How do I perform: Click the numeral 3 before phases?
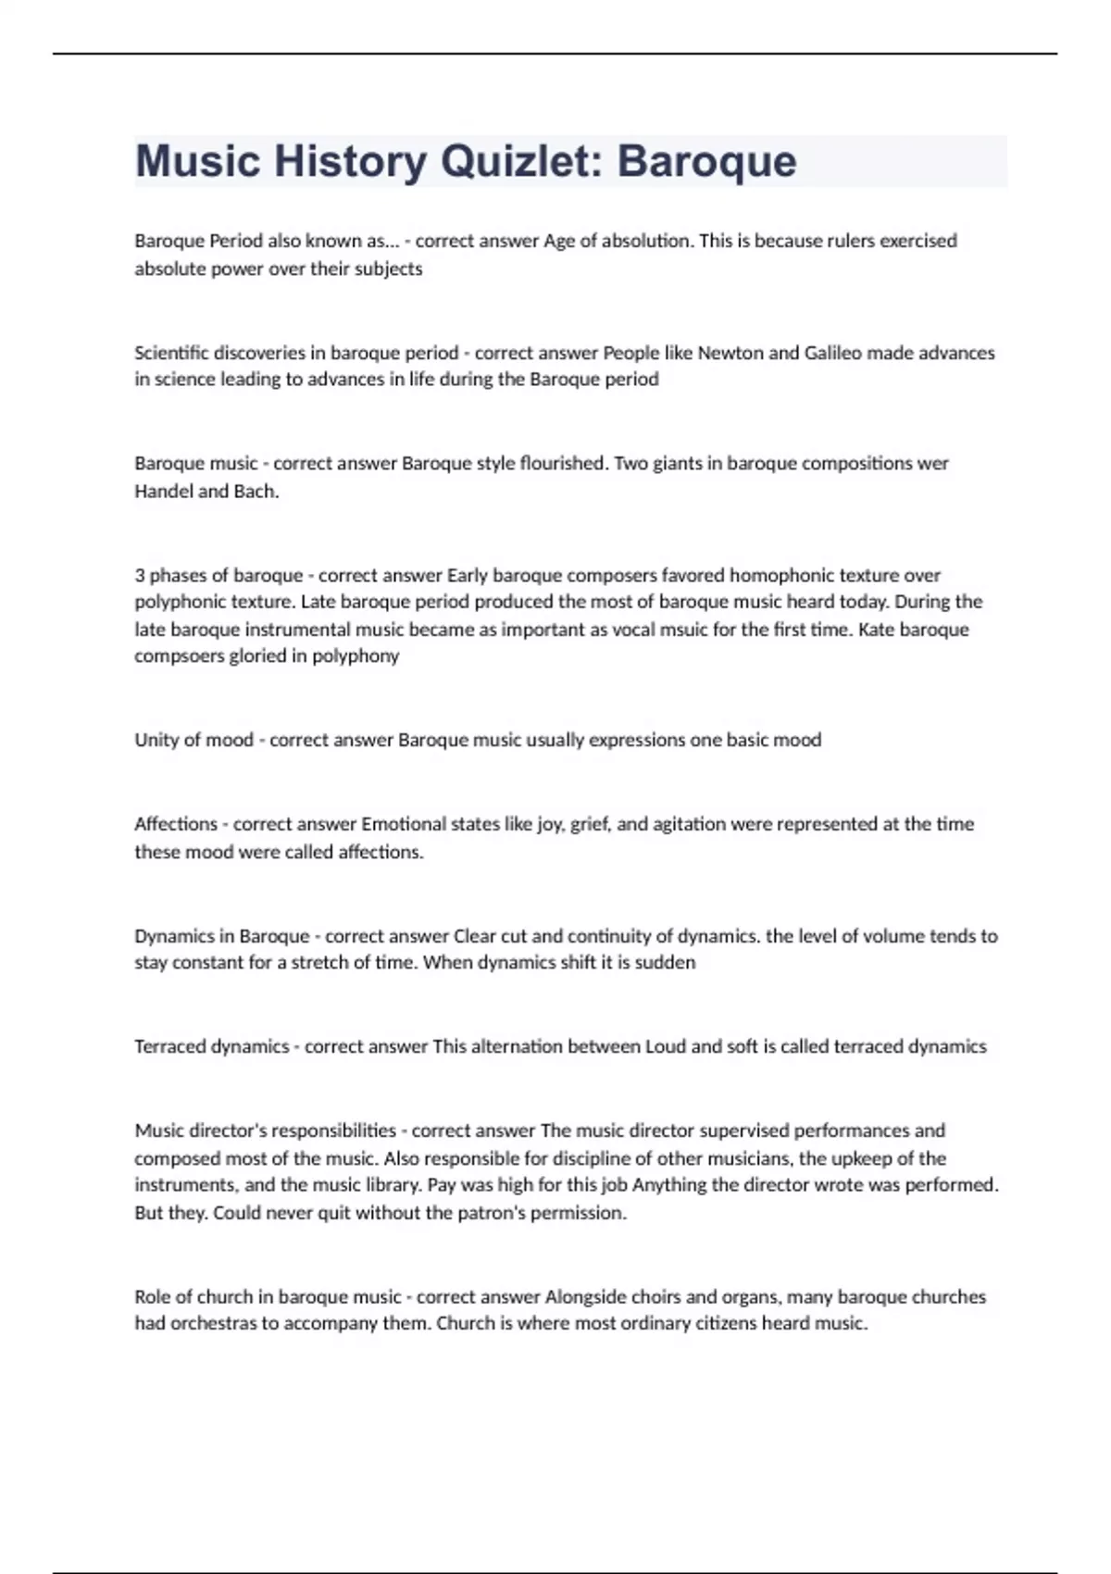[x=140, y=575]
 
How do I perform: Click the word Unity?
[x=156, y=740]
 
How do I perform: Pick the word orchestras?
[x=213, y=1324]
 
